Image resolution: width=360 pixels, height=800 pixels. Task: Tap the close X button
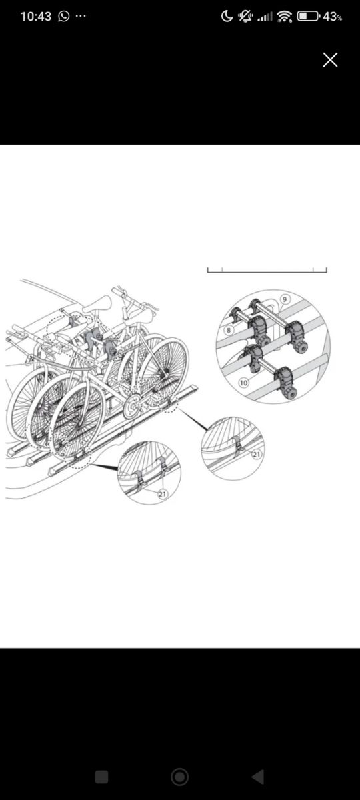330,59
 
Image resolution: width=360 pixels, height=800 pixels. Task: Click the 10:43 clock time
36,17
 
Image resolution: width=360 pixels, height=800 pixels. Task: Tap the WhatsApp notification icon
63,16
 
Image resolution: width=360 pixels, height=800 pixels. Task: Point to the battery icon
308,16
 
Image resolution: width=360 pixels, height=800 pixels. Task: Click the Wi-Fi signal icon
285,16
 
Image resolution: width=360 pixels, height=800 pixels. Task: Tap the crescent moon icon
227,16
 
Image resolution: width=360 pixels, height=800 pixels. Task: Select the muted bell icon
246,16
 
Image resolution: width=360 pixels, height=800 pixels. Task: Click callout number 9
285,299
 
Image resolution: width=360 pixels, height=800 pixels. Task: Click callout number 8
229,329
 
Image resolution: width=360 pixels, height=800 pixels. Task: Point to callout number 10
243,383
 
